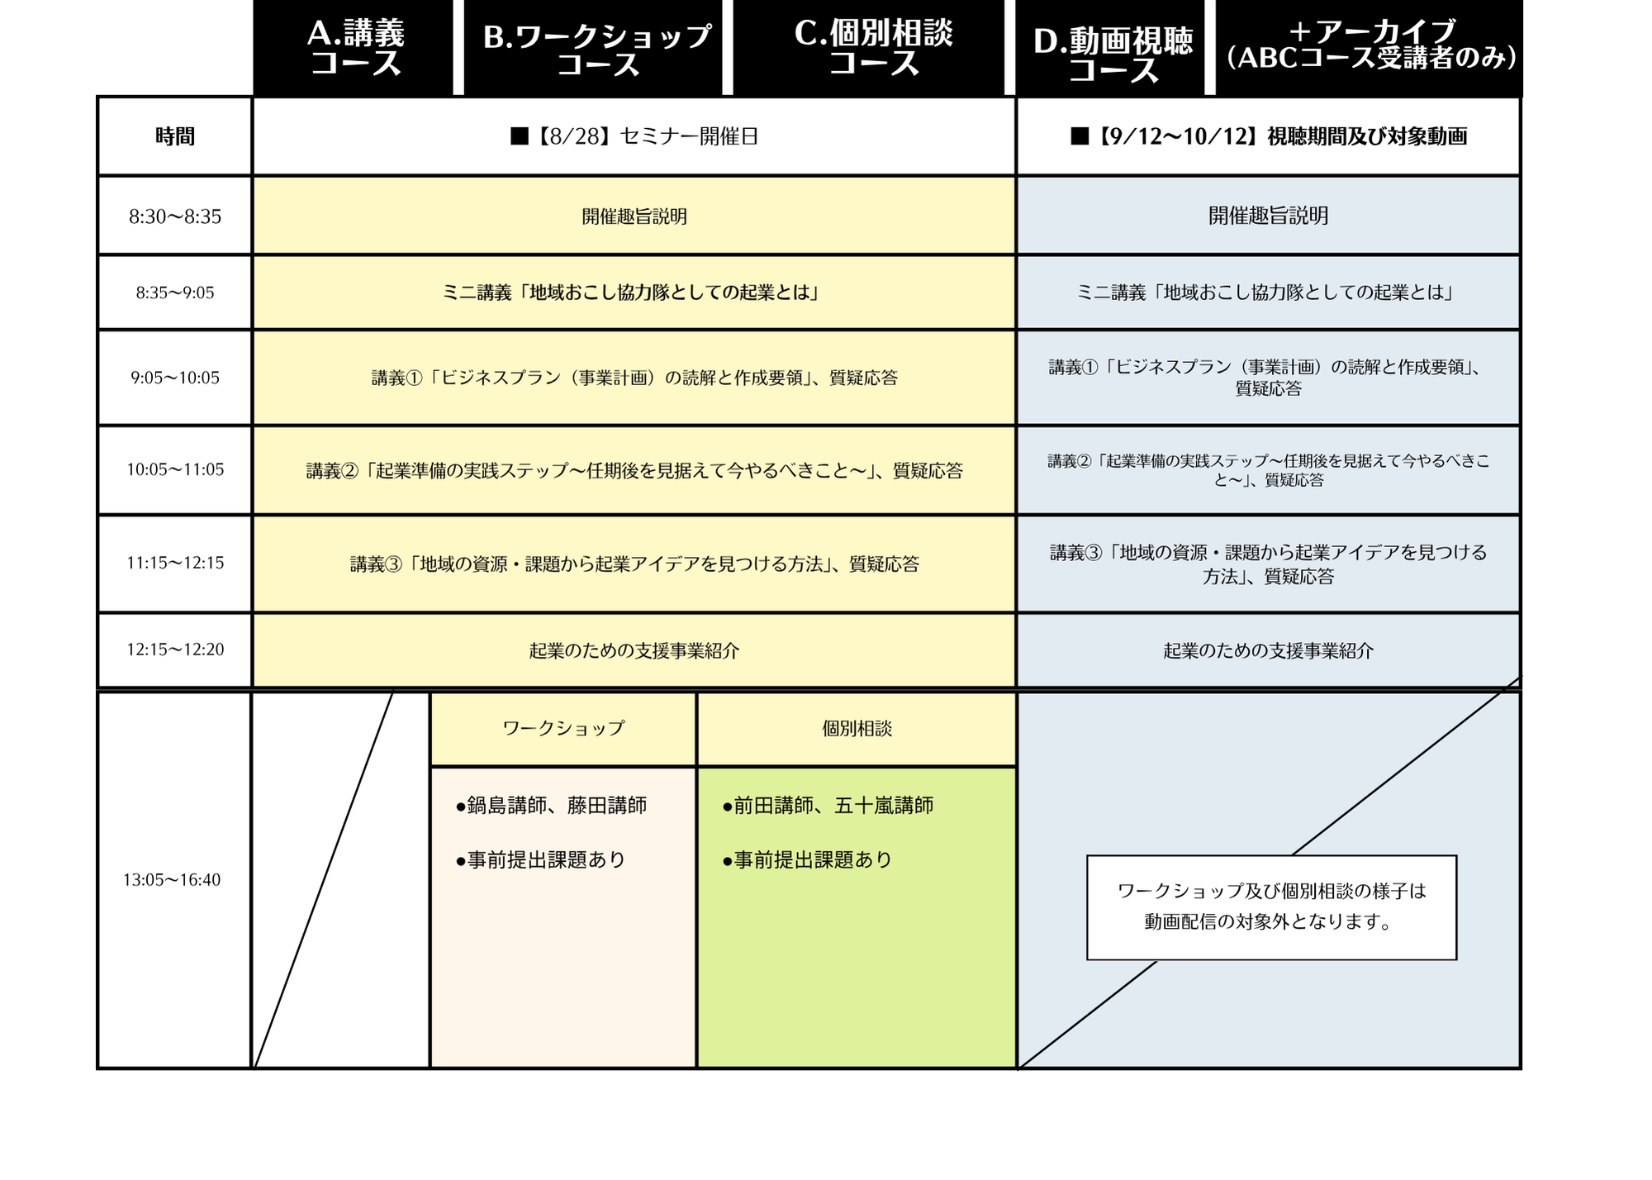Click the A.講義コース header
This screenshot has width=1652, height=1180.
(354, 48)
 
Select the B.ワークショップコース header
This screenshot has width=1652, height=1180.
(593, 48)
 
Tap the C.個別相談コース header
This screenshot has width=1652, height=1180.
(869, 48)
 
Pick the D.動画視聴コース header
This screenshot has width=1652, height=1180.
(1110, 48)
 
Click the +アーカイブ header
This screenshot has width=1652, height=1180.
(1369, 48)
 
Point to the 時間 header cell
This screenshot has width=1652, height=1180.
(175, 136)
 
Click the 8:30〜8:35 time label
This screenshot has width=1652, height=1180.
(175, 216)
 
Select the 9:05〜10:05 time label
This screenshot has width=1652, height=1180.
(175, 378)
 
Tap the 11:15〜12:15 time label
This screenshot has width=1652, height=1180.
(175, 563)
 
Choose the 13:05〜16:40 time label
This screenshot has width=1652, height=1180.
(172, 880)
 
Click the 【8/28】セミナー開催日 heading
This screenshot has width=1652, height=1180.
(634, 136)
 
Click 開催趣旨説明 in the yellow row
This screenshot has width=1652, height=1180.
(634, 216)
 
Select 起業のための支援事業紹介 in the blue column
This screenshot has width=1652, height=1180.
(1269, 651)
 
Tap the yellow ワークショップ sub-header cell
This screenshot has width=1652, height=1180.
(563, 729)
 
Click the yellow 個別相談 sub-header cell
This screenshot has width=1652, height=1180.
(857, 729)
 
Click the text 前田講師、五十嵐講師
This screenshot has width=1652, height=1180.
(828, 806)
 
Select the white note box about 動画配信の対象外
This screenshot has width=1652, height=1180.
(1271, 907)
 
